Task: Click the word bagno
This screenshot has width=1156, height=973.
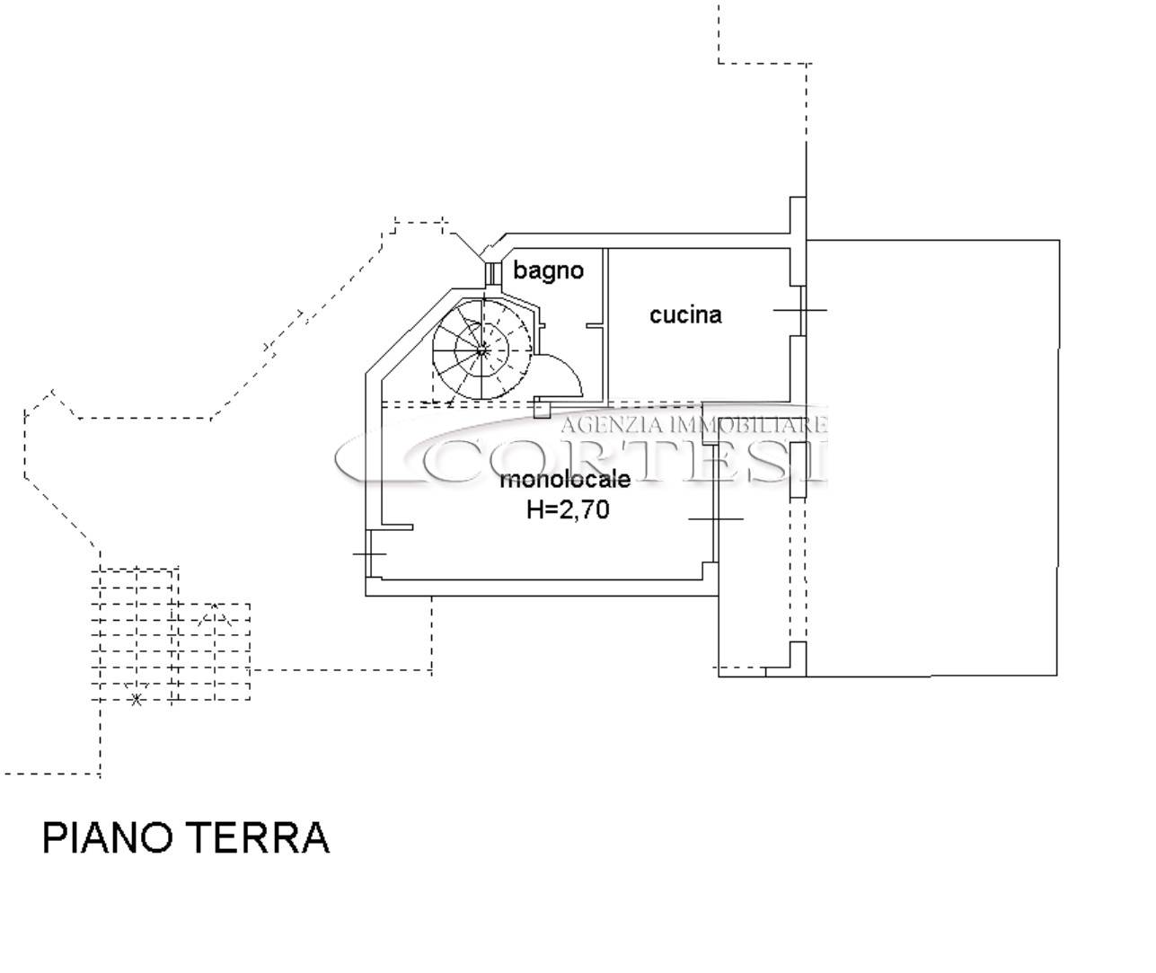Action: coord(548,271)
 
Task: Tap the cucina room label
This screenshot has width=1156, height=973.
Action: coord(685,315)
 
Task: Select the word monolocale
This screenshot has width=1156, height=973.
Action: coord(565,480)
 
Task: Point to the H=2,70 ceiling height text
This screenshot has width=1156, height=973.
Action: coord(568,509)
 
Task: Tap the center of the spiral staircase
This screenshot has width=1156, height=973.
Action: coord(481,350)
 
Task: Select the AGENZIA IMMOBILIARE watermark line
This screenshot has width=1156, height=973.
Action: coord(694,425)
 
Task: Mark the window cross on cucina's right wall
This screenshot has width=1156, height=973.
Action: coord(800,310)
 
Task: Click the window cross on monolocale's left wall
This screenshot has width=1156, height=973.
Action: coord(369,553)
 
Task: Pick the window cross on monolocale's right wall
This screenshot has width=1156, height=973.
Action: coord(715,519)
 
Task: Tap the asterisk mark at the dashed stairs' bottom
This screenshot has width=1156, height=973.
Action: coord(137,700)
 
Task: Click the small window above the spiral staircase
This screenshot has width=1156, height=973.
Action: coord(490,273)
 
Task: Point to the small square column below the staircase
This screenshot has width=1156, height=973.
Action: coord(543,409)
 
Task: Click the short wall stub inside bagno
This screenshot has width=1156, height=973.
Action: coord(595,325)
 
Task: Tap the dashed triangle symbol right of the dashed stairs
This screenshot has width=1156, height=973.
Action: coord(215,615)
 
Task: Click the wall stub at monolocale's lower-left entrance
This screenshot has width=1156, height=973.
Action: coord(398,527)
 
